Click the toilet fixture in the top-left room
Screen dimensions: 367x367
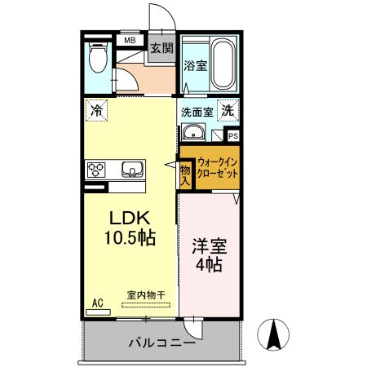[x=98, y=56]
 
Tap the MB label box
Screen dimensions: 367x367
[x=128, y=39]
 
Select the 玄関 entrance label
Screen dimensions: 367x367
[x=161, y=47]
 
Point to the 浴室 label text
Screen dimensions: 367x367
[x=193, y=65]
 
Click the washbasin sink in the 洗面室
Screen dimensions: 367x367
[x=194, y=134]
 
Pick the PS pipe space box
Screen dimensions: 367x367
[x=232, y=136]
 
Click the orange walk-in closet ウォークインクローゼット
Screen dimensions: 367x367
[x=216, y=169]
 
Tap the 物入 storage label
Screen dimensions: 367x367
[x=185, y=175]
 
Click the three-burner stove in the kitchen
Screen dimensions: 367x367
[x=97, y=170]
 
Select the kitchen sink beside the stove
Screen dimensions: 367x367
[x=131, y=170]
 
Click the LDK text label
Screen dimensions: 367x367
[x=129, y=218]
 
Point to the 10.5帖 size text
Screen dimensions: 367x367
[x=129, y=238]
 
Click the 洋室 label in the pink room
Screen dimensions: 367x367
[x=208, y=245]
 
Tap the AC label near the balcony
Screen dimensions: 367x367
[x=98, y=303]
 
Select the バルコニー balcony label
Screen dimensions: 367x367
[x=161, y=343]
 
